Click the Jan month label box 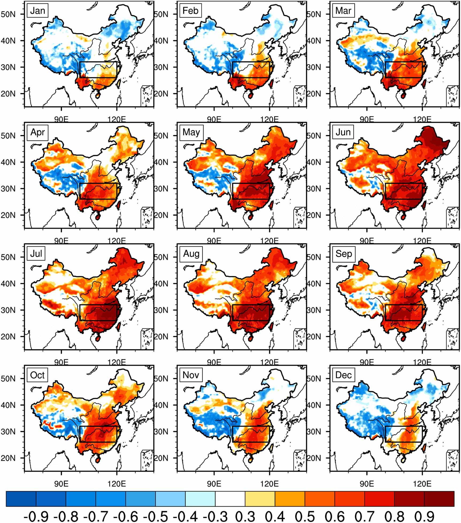[37, 11]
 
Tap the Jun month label [343, 132]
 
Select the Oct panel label [37, 375]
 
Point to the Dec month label [343, 375]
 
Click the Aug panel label [191, 253]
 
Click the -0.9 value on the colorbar [36, 515]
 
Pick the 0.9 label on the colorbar [424, 515]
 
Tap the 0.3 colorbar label [245, 515]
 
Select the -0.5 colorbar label [156, 515]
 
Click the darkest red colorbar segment [439, 499]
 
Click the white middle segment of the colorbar [230, 499]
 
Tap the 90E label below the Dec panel [367, 484]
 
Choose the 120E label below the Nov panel [269, 484]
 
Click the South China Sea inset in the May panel [300, 217]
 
